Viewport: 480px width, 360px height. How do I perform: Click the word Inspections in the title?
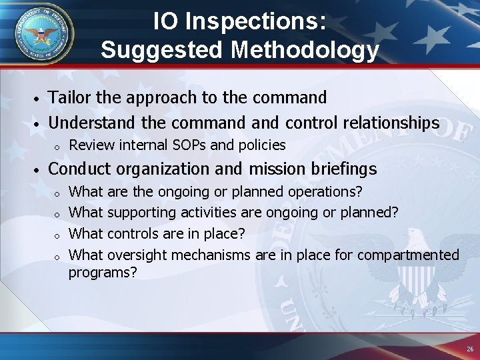tap(256, 21)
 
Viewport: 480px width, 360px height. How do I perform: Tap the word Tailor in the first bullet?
tap(71, 97)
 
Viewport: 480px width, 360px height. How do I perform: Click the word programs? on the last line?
tap(103, 272)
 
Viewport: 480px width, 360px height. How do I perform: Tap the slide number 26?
tap(470, 349)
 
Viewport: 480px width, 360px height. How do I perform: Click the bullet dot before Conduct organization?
tap(39, 170)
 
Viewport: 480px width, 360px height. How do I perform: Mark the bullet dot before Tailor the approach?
tap(39, 99)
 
